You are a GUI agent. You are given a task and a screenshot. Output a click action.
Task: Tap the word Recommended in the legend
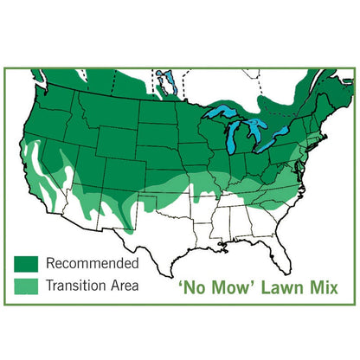pyautogui.click(x=92, y=262)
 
